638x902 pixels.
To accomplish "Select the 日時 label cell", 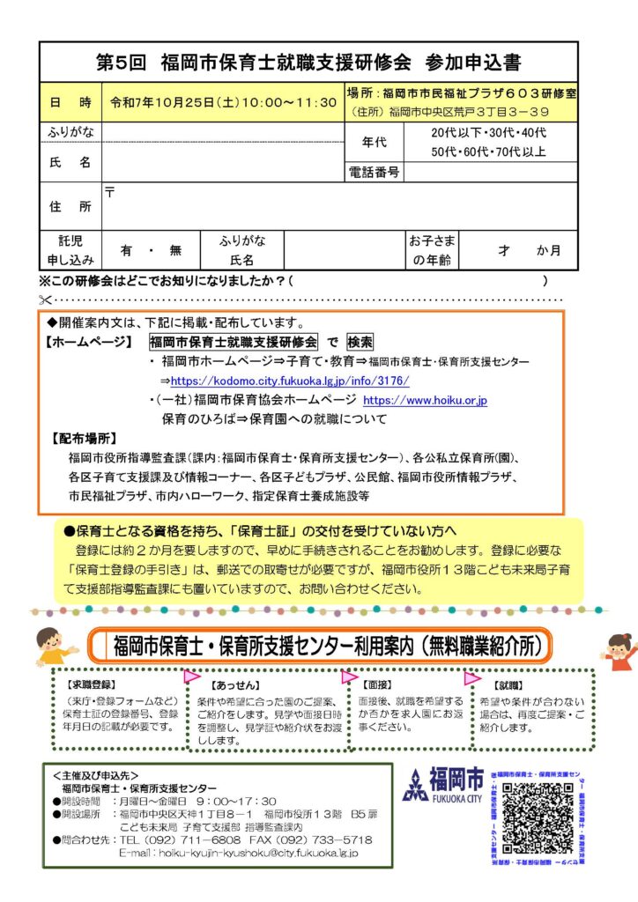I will coord(70,103).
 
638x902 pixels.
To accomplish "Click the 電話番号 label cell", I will coord(374,172).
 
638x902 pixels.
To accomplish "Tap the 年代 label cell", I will coord(374,142).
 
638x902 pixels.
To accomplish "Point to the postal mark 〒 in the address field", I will coord(110,191).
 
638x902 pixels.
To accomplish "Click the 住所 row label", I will coord(70,207).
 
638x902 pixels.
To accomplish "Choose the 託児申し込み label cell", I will coord(70,250).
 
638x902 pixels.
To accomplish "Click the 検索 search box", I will coord(360,342).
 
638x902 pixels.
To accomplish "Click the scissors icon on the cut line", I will coord(46,299).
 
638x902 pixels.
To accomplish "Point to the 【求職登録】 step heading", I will coord(92,684).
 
